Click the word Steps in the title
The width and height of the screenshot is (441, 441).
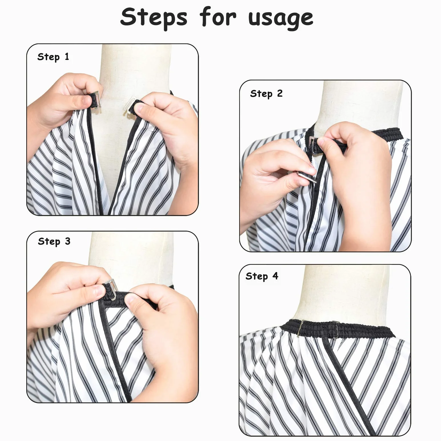tap(154, 17)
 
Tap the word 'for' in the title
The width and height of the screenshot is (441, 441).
tap(218, 17)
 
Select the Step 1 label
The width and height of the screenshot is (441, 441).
tap(53, 57)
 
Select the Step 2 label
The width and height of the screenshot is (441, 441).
tap(266, 94)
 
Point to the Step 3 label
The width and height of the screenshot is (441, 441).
tap(54, 241)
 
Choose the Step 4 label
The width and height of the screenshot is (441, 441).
tap(262, 276)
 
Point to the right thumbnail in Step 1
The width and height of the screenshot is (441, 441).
tap(140, 108)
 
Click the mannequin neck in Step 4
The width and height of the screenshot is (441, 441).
tap(343, 294)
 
